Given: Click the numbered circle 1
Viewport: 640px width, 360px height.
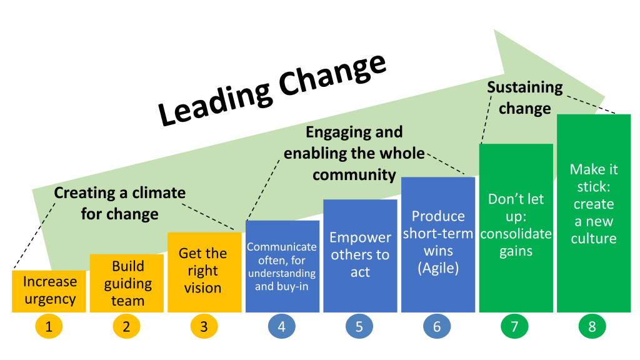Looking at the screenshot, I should click(x=49, y=326).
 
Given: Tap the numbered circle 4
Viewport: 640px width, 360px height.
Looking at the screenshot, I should click(x=281, y=326).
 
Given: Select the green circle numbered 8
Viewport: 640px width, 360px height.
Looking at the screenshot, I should click(x=592, y=326).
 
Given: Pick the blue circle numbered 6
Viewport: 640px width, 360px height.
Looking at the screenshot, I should click(x=436, y=326).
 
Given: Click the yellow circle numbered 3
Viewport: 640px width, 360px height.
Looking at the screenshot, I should click(x=204, y=326).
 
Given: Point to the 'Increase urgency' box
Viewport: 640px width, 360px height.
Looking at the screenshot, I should click(x=50, y=291).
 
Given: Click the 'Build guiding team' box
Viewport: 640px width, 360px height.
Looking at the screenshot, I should click(x=127, y=283).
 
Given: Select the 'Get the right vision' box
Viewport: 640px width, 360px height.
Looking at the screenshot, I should click(x=204, y=271).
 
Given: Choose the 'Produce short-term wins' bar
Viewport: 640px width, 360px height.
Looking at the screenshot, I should click(x=437, y=244).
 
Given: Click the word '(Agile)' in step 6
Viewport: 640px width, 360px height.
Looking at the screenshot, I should click(x=438, y=269).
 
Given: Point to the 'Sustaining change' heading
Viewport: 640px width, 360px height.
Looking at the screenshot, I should click(x=525, y=97).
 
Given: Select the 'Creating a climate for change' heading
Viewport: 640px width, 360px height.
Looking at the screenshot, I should click(x=120, y=203).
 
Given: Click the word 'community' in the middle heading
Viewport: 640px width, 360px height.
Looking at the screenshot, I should click(x=354, y=174).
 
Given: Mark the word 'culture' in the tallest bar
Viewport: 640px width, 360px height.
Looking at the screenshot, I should click(x=594, y=238).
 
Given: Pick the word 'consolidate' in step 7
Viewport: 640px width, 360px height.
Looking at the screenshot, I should click(x=516, y=234).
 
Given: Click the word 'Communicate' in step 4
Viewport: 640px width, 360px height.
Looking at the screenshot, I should click(x=282, y=246).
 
